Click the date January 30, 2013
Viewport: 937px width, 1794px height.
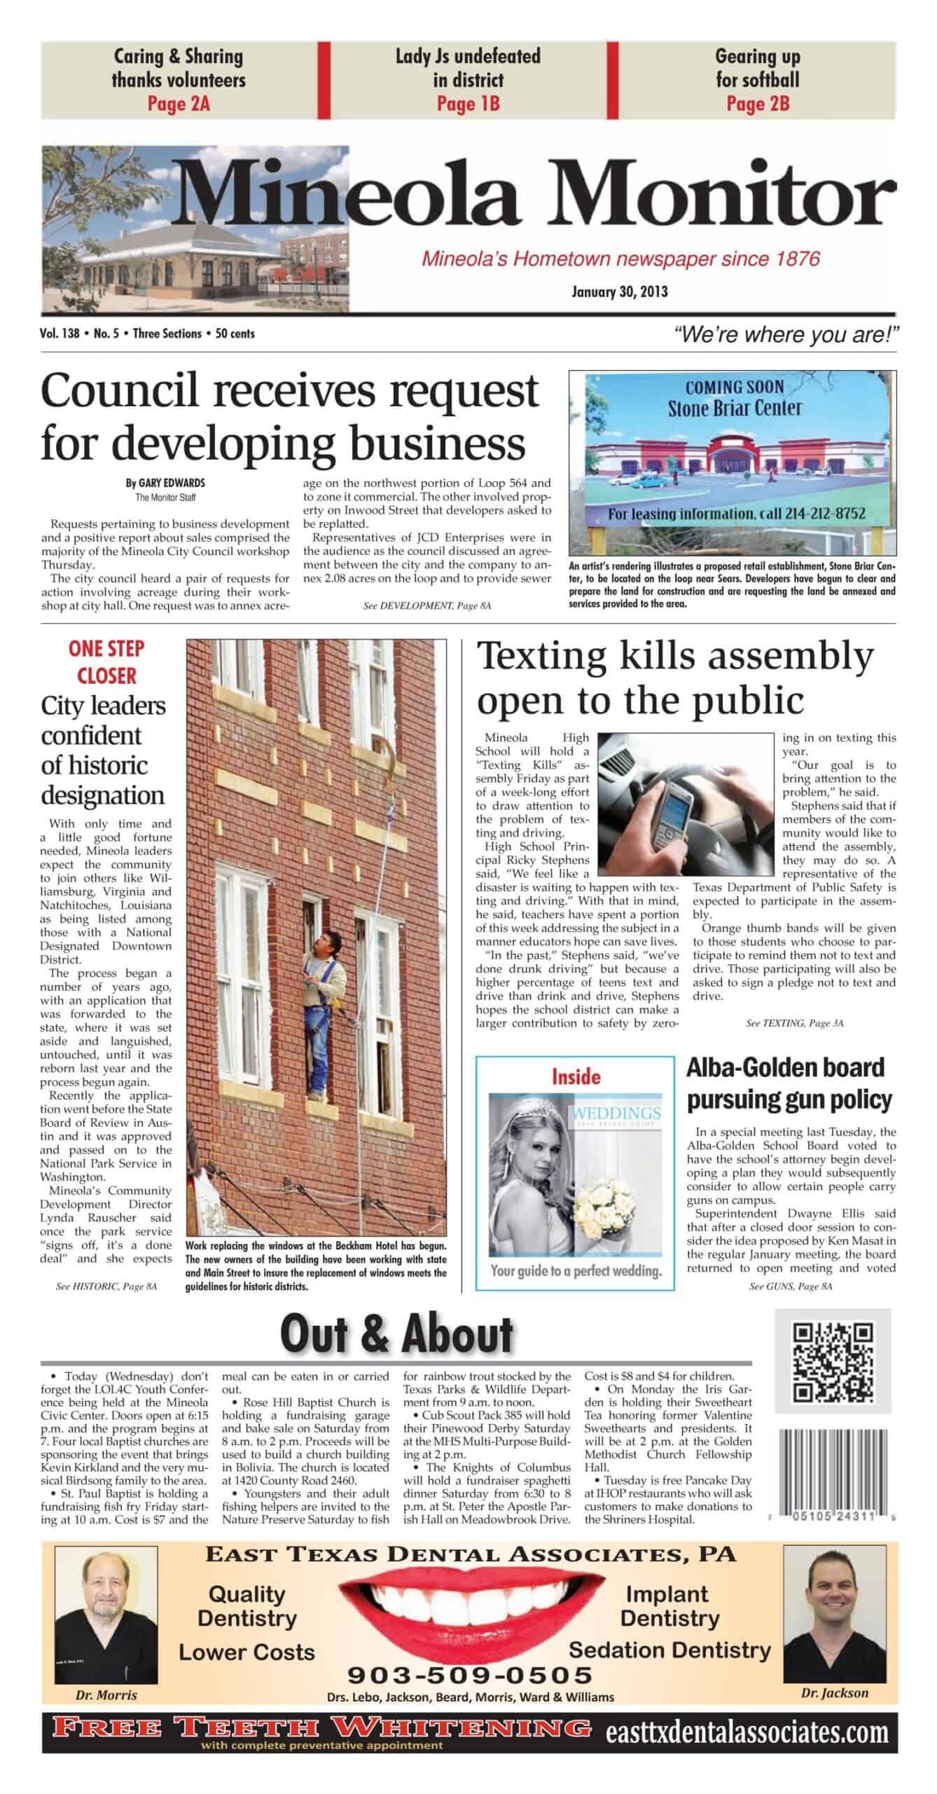619,292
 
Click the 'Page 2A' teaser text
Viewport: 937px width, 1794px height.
179,104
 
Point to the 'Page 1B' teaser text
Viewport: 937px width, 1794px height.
468,104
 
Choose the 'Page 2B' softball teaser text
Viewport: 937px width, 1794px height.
758,104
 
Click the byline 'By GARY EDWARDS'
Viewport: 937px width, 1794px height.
165,484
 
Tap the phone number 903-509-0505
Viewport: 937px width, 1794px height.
470,1676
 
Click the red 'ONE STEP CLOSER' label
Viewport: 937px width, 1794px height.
106,662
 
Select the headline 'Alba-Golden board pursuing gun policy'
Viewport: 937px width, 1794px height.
789,1083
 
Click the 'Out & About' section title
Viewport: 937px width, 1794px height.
396,1334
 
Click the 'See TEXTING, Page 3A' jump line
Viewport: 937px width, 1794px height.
794,1023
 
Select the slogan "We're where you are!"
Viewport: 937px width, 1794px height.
785,335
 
